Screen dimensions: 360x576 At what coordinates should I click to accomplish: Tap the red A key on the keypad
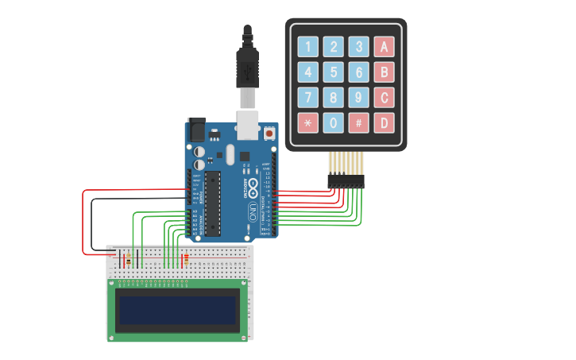coord(385,47)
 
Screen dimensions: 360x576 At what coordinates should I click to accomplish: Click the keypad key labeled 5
coord(334,72)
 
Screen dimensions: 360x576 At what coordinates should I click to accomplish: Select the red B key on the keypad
coord(385,72)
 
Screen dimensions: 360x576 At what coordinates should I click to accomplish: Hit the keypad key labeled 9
coord(359,98)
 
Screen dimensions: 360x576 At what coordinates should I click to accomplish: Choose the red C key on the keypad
coord(385,98)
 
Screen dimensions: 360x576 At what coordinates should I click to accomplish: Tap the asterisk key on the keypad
coord(308,123)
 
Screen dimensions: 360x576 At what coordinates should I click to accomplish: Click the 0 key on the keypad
coord(334,123)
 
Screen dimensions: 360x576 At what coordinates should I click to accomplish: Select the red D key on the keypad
coord(385,123)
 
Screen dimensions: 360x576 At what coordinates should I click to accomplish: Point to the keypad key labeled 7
coord(308,98)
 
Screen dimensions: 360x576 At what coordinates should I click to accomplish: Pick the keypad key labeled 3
coord(359,47)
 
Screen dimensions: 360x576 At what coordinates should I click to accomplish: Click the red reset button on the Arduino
coord(269,134)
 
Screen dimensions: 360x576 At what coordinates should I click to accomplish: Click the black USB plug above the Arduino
coord(248,68)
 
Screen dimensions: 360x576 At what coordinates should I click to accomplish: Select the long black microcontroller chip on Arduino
coord(212,203)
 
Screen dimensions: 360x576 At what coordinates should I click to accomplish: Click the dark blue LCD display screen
coord(178,310)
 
